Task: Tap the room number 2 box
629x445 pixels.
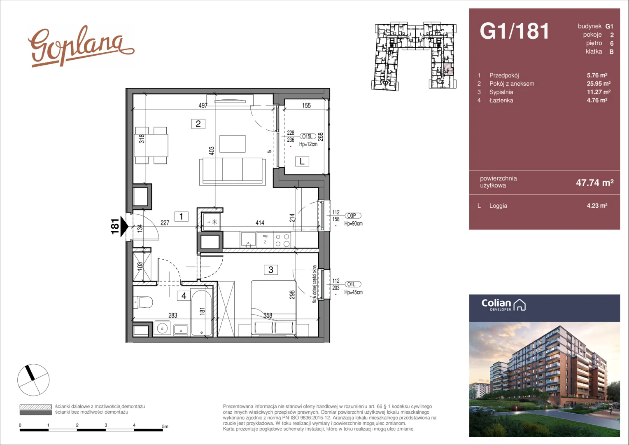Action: tap(198, 124)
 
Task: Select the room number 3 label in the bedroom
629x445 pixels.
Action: tap(271, 270)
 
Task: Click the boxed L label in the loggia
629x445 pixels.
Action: tap(302, 162)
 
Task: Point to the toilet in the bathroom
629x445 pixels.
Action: tap(143, 302)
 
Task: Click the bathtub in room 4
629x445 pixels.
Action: tap(201, 312)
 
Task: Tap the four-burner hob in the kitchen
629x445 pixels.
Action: tap(282, 240)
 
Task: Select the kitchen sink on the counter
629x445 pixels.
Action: tap(248, 240)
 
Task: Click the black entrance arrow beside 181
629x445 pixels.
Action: tap(124, 226)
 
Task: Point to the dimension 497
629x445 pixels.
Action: tap(203, 105)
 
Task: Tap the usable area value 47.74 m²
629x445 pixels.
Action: tap(595, 183)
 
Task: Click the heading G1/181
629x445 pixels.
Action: tap(514, 31)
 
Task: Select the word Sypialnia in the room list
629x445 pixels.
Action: tap(501, 92)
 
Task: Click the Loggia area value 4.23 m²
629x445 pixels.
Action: tap(597, 206)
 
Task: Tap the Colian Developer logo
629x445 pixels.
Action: tap(503, 305)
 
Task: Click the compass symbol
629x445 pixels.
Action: tap(33, 380)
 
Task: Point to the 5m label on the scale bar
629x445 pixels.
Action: tap(165, 426)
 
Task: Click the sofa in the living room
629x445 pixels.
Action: tap(233, 171)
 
